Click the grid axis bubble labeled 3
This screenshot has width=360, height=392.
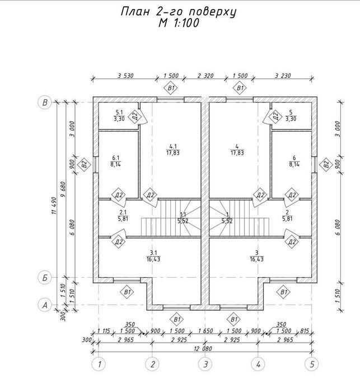[205, 364]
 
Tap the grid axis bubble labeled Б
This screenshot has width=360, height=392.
[45, 278]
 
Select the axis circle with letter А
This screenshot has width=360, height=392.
[45, 305]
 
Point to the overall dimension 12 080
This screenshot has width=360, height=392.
[203, 348]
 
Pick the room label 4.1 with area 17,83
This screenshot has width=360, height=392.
[173, 150]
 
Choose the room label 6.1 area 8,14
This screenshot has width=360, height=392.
[116, 161]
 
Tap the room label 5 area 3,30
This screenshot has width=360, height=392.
[291, 115]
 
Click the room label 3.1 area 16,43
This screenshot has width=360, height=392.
[153, 256]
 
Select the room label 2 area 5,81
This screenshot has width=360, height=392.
[287, 216]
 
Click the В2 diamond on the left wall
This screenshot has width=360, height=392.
[84, 165]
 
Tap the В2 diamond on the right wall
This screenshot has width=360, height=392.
[326, 165]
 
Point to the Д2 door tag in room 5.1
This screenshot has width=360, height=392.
[135, 116]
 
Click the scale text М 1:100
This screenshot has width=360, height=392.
[179, 23]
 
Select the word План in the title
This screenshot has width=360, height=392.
[135, 12]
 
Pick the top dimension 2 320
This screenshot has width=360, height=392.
[205, 76]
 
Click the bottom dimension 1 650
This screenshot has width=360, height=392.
[205, 331]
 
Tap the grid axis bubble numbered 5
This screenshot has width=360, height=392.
[312, 364]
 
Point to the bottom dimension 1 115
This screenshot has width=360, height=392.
[104, 331]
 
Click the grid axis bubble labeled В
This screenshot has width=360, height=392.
[45, 102]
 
